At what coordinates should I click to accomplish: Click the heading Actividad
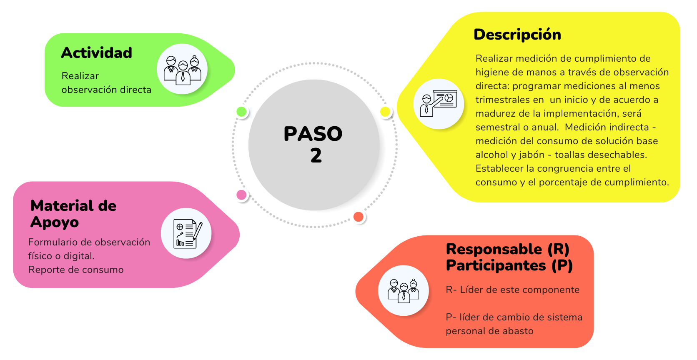pos(96,53)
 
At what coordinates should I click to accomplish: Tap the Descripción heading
pos(517,35)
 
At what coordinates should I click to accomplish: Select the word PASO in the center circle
pos(313,134)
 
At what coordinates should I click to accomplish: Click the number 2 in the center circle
pos(316,155)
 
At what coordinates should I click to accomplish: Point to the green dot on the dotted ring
pos(241,112)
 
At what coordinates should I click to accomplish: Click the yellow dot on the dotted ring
pos(385,112)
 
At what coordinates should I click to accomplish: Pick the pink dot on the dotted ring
pos(241,195)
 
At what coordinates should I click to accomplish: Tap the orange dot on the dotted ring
pos(358,217)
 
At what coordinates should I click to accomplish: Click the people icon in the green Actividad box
pos(183,70)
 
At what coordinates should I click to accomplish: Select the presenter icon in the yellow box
pos(439,103)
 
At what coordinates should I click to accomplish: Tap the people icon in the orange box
pos(403,291)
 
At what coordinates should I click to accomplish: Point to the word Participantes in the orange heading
pos(496,265)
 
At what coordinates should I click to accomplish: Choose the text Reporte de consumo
pos(76,270)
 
